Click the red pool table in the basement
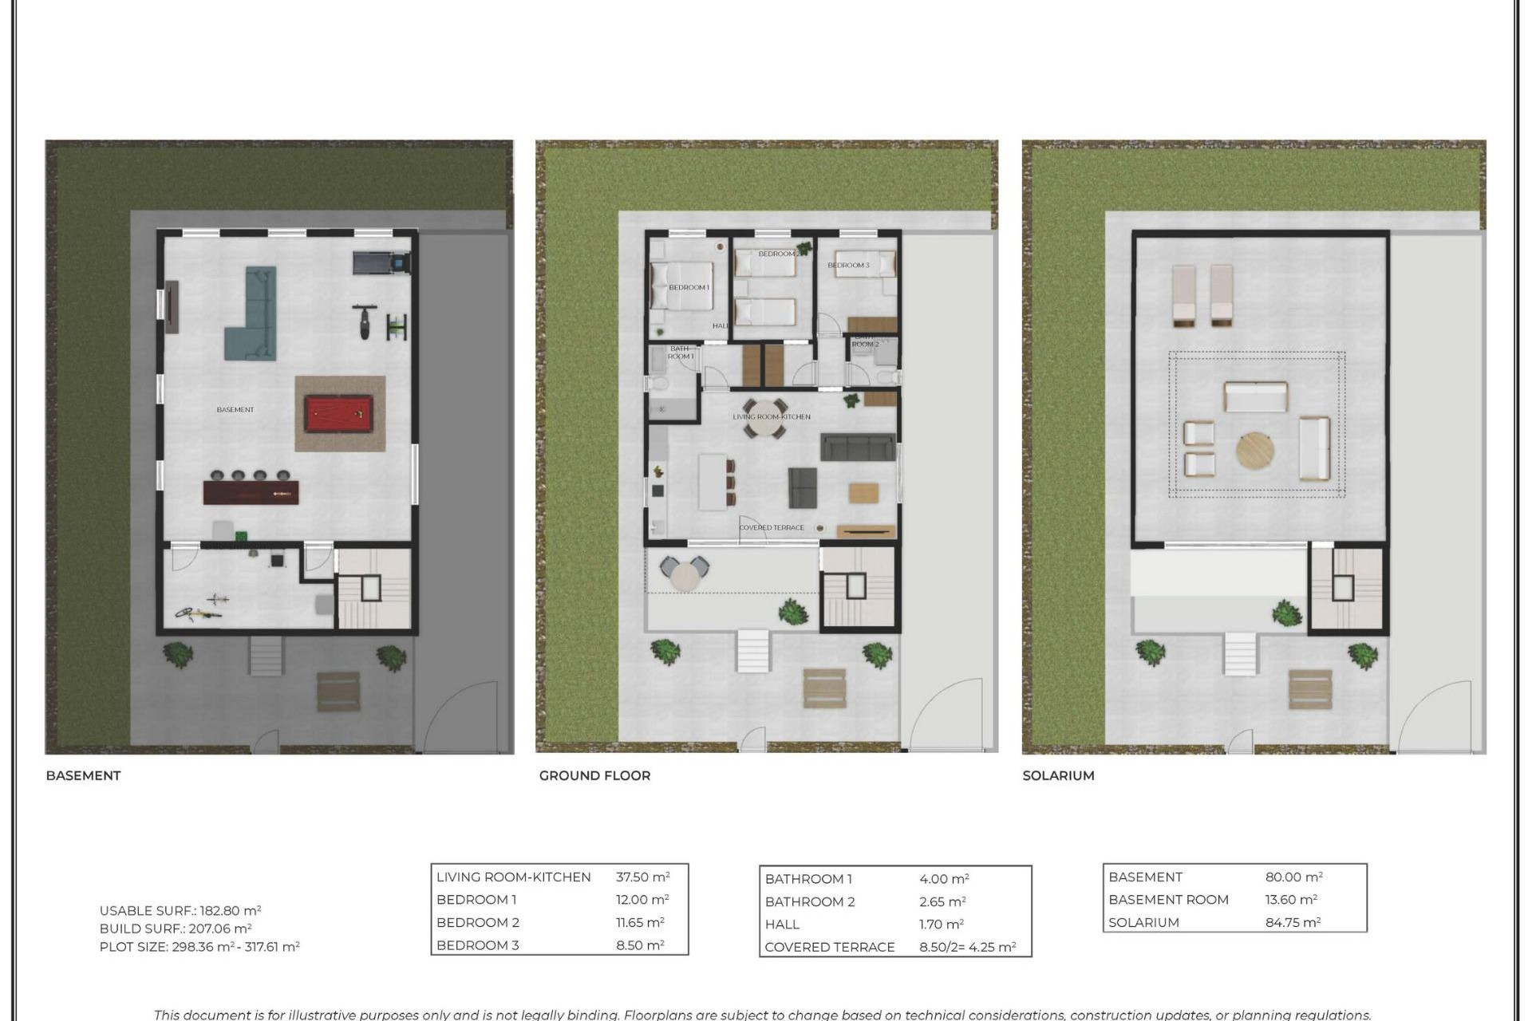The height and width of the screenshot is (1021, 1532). pos(338,414)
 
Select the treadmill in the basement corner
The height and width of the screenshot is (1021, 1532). pos(381,262)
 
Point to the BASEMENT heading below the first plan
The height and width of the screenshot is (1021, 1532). pos(83,775)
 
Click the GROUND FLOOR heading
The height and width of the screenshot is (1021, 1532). pos(594,775)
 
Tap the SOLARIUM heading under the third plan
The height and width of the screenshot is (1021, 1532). pos(1058,775)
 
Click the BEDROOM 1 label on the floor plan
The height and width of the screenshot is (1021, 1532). pos(689,287)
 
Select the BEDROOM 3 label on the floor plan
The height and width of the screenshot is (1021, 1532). pos(848,265)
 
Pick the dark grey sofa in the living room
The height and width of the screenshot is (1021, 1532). pos(858,447)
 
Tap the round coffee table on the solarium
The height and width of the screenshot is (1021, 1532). pos(1255,451)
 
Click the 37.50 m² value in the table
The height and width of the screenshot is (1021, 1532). pos(642,877)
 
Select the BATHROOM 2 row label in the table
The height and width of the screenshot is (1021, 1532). pos(809,901)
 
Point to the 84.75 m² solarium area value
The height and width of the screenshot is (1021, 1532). pos(1293,922)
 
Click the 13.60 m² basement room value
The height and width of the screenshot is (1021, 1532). pos(1290,900)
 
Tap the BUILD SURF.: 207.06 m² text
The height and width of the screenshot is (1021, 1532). pos(176,928)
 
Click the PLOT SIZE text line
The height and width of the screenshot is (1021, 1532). pos(199,947)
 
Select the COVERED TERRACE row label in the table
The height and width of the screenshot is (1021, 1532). pos(829,947)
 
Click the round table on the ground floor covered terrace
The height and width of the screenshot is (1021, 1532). pos(684,575)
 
